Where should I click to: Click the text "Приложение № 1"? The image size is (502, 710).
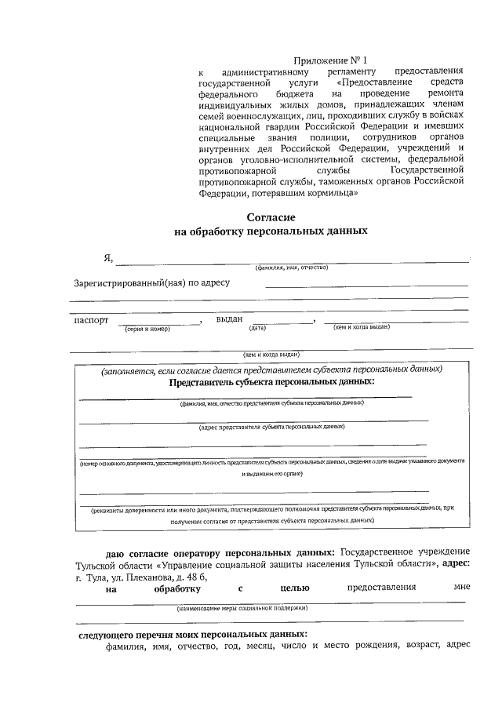point(330,60)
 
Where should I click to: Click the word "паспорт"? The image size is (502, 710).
point(91,320)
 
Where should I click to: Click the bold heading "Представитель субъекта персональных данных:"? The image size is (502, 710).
point(271,381)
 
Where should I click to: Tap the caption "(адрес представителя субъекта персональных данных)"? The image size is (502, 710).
point(271,427)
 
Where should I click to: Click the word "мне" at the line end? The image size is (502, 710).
point(461,588)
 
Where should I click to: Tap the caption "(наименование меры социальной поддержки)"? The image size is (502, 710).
point(242,607)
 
